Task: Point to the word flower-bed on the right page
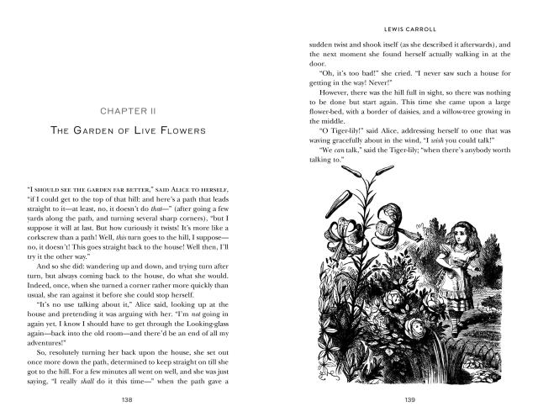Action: click(330, 109)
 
